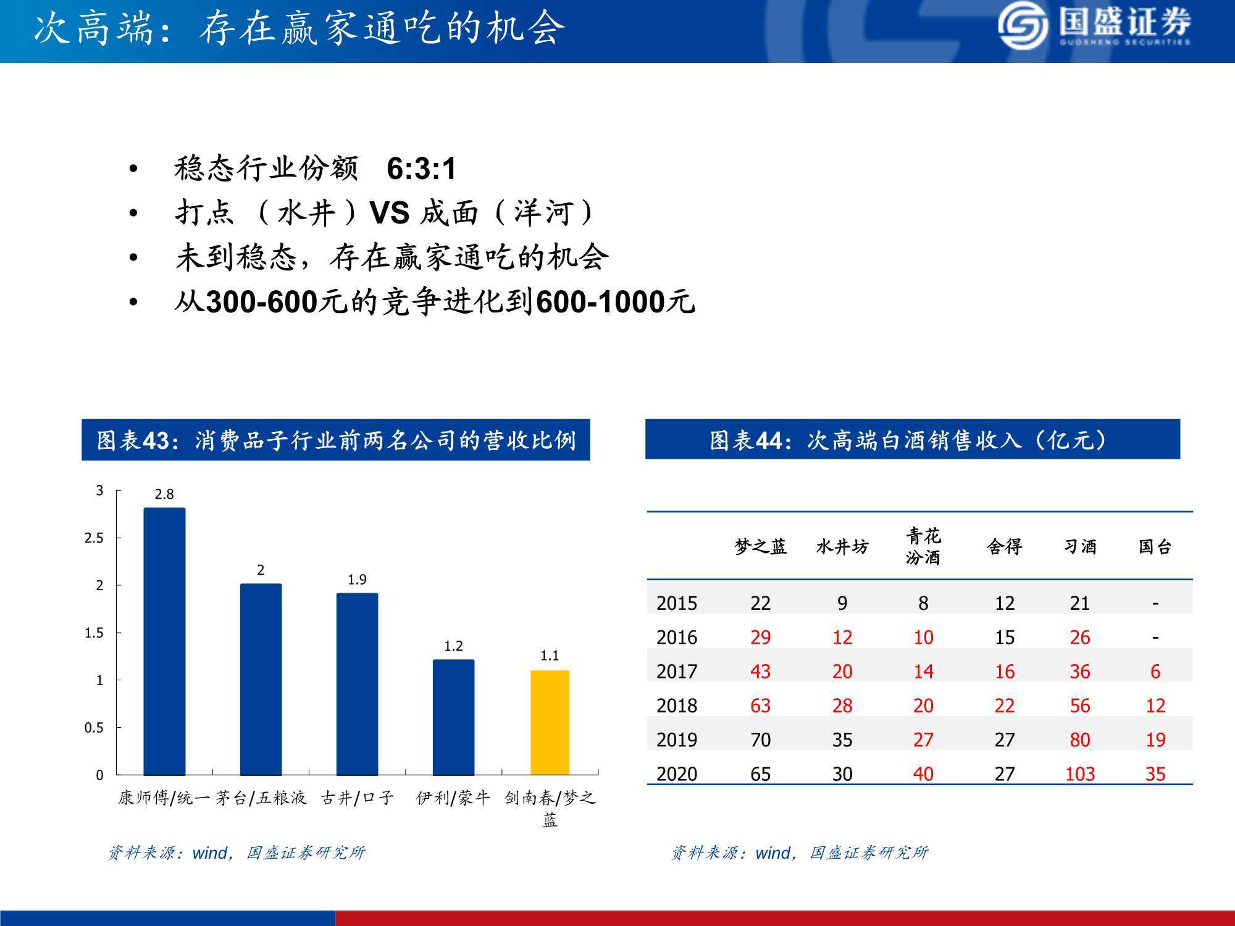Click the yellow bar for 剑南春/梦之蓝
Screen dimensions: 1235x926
click(x=550, y=722)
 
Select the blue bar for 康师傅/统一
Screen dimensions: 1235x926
click(x=164, y=641)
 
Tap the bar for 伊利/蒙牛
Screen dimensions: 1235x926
click(x=453, y=717)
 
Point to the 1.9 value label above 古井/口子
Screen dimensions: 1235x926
click(x=357, y=580)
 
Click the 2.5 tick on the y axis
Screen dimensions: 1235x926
click(x=94, y=538)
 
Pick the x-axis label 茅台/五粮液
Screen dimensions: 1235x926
click(x=261, y=798)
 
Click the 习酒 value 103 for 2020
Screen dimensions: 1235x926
click(x=1080, y=774)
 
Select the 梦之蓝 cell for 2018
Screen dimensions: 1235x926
click(x=760, y=706)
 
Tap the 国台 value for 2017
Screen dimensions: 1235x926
click(x=1155, y=672)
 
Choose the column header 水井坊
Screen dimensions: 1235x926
click(x=842, y=547)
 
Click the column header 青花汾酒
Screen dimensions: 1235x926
click(x=923, y=546)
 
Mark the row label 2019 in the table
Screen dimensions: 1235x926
click(x=677, y=740)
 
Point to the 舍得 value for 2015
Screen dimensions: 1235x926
click(x=1005, y=603)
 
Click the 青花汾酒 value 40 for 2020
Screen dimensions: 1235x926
click(x=923, y=774)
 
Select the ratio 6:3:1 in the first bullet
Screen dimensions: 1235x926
click(x=421, y=169)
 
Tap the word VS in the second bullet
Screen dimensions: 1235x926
click(x=390, y=213)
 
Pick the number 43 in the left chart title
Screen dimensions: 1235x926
click(x=155, y=441)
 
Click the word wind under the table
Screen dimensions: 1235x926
click(x=772, y=853)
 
